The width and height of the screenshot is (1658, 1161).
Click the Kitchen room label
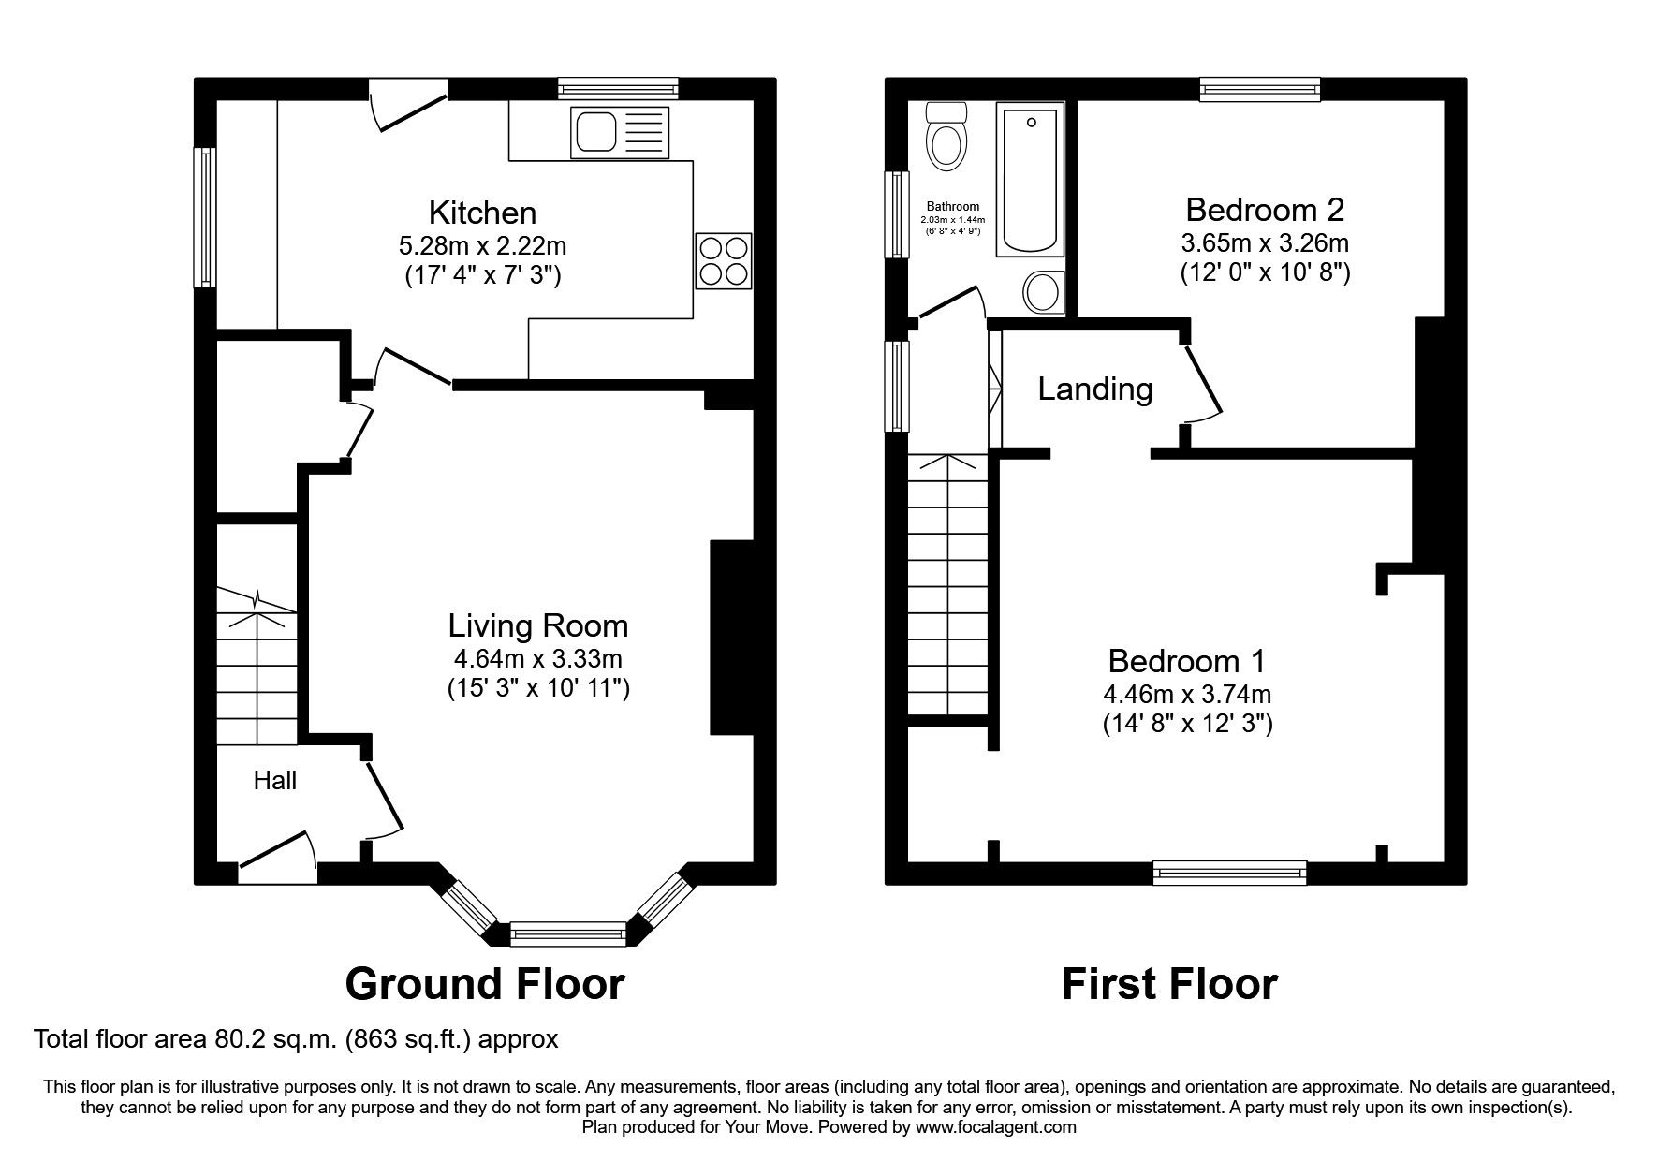[482, 213]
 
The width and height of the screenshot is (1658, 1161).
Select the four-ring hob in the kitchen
[724, 260]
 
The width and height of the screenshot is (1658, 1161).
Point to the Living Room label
[538, 625]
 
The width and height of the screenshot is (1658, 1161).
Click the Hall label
[275, 780]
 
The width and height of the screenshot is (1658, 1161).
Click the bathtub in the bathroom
[1030, 181]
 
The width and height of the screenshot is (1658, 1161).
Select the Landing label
[1095, 389]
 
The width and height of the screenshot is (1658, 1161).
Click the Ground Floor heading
[485, 984]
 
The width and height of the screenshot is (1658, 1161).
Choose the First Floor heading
[1169, 984]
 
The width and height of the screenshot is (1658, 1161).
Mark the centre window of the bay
[568, 933]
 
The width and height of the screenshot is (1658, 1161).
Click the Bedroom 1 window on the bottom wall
[1230, 873]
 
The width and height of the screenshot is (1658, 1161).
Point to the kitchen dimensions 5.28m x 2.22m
[483, 246]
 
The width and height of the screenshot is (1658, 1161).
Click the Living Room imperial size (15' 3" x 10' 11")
[538, 688]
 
